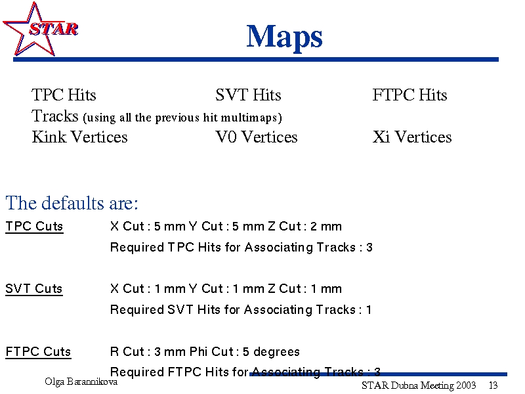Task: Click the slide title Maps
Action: click(x=284, y=37)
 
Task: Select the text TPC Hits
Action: click(x=64, y=95)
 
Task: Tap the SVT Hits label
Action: click(x=248, y=95)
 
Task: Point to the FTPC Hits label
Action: click(x=409, y=95)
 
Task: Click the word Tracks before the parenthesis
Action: click(x=55, y=116)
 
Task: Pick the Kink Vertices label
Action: click(x=79, y=137)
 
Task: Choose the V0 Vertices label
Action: click(x=257, y=137)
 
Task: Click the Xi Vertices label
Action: click(x=412, y=137)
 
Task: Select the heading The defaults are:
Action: click(x=72, y=203)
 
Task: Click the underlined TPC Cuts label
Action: click(x=35, y=227)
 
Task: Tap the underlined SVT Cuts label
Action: click(x=34, y=289)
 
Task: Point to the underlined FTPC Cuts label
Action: click(x=39, y=352)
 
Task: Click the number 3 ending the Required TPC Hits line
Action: click(x=369, y=248)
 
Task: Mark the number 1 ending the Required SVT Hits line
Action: click(x=369, y=310)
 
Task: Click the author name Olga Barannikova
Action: click(x=81, y=382)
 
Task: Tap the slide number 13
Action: click(x=493, y=385)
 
